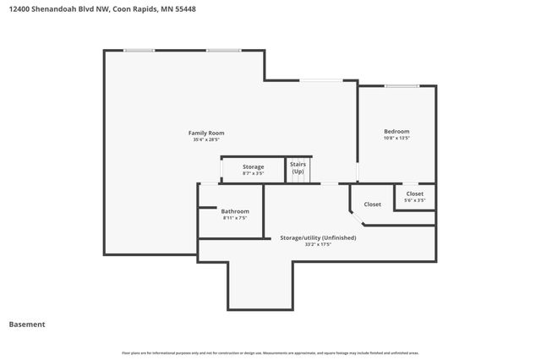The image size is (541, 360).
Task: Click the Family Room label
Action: (x=206, y=133)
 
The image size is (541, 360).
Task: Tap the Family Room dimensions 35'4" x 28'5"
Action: (x=206, y=139)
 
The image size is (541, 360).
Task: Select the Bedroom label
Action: (x=396, y=131)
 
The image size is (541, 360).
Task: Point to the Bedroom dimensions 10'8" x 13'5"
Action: (x=396, y=138)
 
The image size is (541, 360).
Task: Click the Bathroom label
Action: (x=235, y=210)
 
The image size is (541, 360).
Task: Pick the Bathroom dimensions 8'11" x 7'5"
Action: (x=235, y=217)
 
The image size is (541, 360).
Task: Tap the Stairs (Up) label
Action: (x=298, y=167)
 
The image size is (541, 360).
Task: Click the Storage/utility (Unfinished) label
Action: (x=318, y=237)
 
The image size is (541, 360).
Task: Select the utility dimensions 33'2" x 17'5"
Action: (x=318, y=244)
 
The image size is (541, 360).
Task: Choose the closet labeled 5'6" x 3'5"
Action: (x=414, y=200)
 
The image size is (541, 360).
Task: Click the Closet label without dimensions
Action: (x=372, y=204)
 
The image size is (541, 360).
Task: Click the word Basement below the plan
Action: (x=26, y=324)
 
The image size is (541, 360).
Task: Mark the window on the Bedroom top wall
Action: (x=402, y=85)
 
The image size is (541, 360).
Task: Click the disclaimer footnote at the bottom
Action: (x=270, y=352)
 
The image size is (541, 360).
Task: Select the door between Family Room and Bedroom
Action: (x=357, y=172)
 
